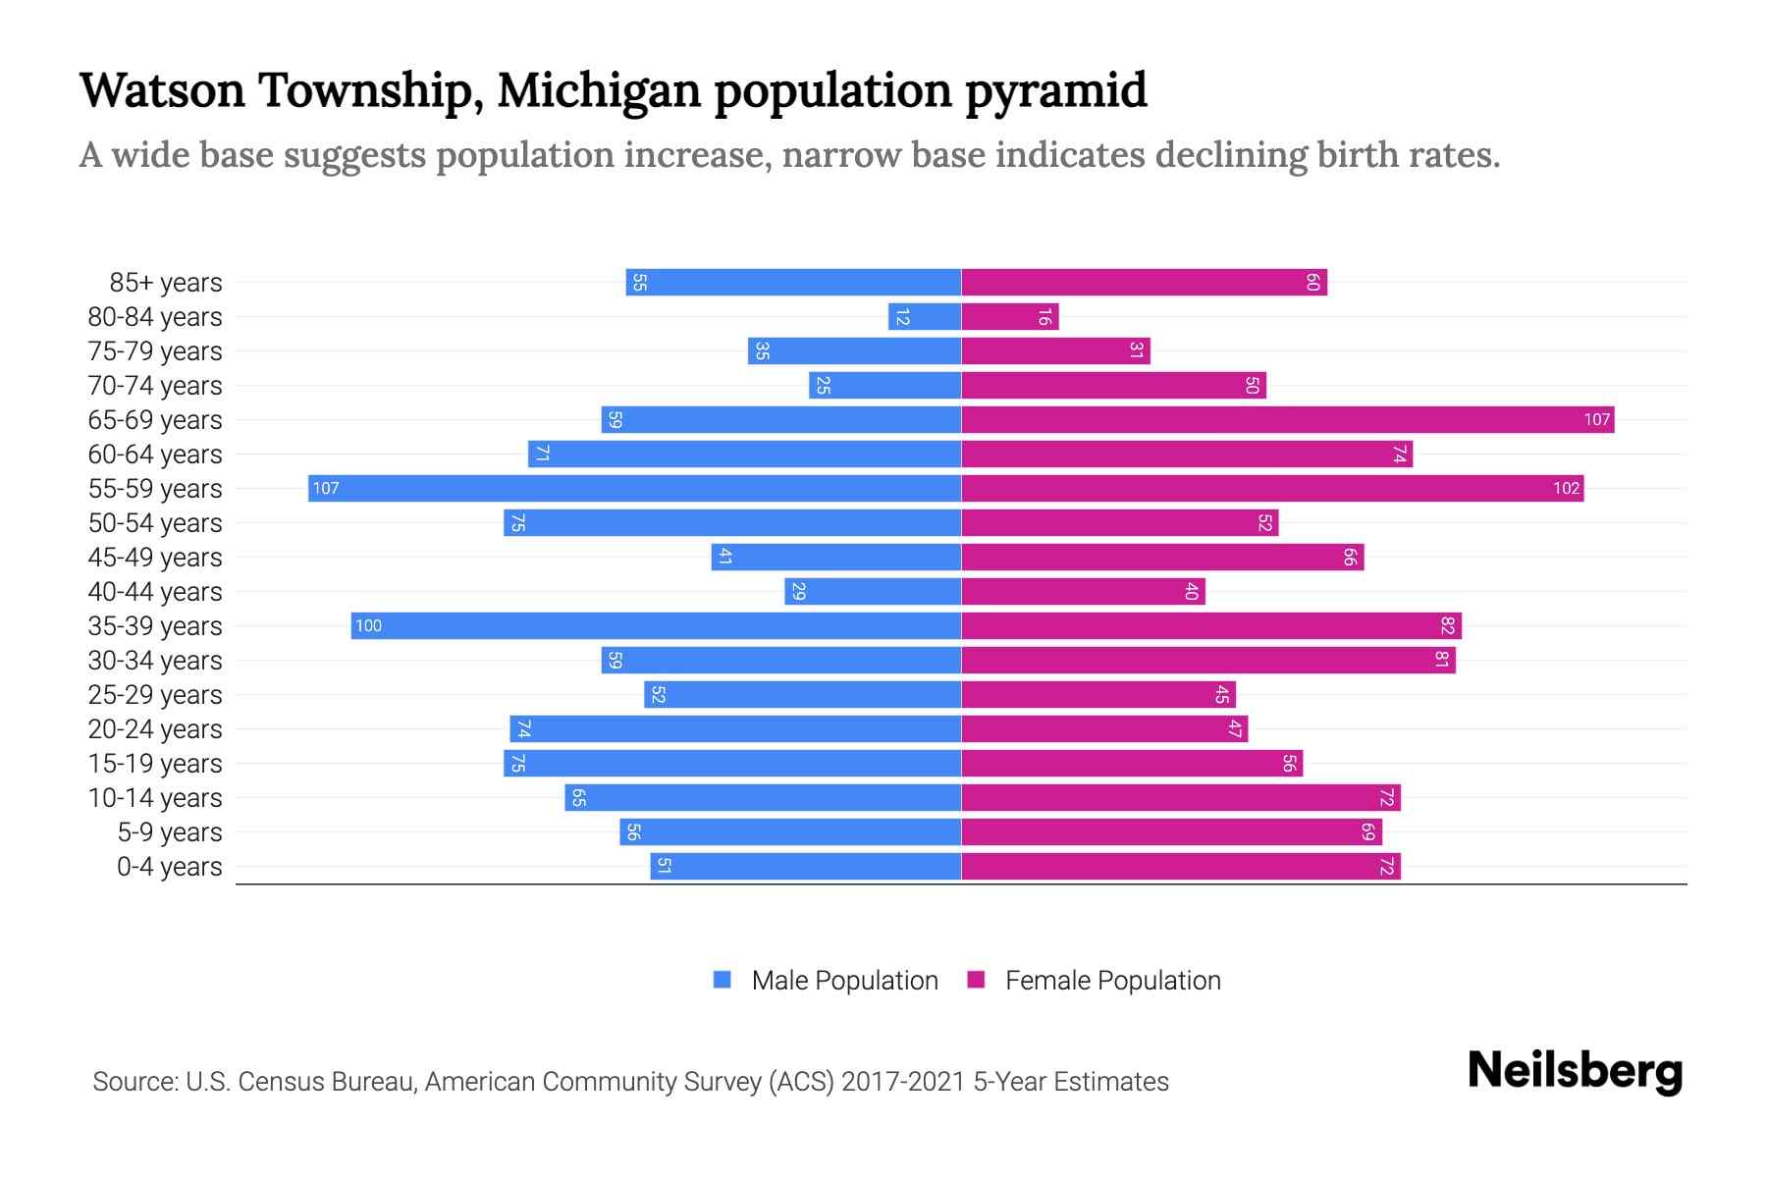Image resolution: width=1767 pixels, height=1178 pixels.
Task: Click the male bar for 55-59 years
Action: coord(634,488)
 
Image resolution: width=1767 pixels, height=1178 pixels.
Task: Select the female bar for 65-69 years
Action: coord(1287,419)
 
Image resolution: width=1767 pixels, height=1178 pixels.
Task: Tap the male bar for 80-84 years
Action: coord(924,316)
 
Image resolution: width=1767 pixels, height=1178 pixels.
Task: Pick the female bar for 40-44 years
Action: coord(1083,591)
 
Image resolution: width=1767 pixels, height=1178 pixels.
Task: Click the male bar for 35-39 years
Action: coord(656,625)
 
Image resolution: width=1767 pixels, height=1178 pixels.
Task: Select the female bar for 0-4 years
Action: coord(1181,866)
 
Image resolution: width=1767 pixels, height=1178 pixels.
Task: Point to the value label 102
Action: coord(1566,488)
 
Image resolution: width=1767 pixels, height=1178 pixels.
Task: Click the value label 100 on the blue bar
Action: coord(368,625)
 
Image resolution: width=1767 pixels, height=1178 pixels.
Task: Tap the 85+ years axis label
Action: coord(166,283)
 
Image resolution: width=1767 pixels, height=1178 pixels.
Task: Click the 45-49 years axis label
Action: coord(155,558)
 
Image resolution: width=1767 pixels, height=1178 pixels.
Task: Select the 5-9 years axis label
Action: coord(170,832)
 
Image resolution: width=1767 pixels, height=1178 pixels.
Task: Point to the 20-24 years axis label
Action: coord(155,729)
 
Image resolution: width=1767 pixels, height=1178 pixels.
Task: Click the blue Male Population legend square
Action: coord(723,980)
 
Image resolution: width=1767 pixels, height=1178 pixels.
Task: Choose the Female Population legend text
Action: coord(1112,980)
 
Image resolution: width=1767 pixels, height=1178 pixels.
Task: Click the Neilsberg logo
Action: coord(1575,1071)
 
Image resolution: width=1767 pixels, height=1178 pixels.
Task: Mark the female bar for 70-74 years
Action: coord(1113,385)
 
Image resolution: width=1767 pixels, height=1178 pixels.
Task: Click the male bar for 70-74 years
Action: coord(884,385)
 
